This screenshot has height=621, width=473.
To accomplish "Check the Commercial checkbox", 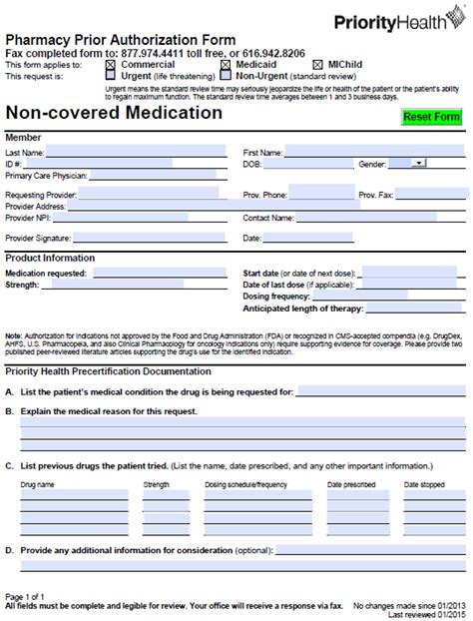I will (x=111, y=65).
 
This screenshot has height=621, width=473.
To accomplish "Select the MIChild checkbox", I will (x=318, y=65).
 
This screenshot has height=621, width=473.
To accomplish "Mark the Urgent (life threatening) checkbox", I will (x=111, y=76).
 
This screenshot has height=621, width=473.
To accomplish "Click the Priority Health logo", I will (x=403, y=21).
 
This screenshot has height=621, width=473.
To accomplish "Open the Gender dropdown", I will (x=416, y=161).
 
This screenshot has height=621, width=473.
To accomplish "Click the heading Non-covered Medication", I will (x=115, y=113).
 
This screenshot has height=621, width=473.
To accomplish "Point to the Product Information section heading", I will (x=50, y=258).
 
